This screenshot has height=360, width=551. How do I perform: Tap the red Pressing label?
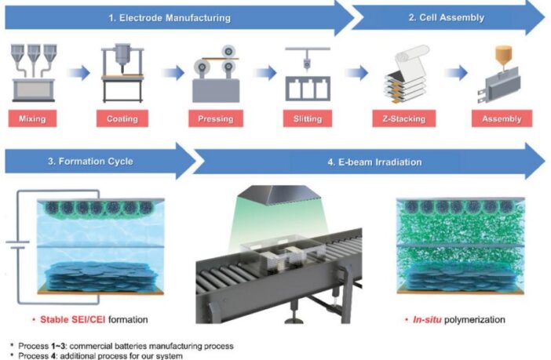coord(217,119)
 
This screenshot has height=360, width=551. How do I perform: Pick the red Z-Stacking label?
coord(403,119)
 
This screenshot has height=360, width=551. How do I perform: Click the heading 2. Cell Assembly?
coord(444,17)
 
